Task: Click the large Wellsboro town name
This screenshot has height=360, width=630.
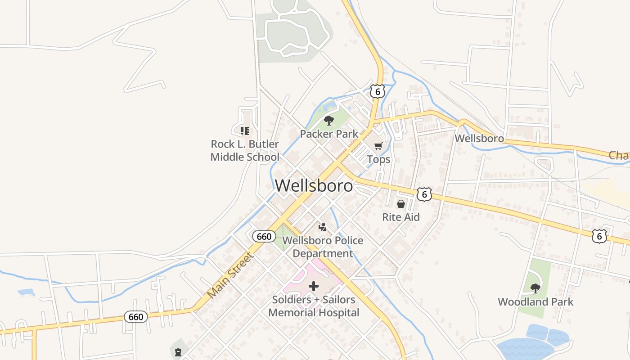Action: click(x=314, y=185)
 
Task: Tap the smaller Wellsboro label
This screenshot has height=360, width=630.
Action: click(x=479, y=138)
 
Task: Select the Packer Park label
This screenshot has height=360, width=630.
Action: click(x=329, y=134)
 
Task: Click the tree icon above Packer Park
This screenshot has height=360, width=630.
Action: click(x=329, y=120)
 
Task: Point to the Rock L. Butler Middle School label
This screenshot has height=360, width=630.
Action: click(x=245, y=150)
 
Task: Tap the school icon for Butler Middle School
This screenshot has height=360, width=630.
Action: click(x=245, y=131)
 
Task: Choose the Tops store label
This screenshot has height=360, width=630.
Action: click(x=378, y=159)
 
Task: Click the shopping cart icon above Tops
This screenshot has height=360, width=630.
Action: click(x=378, y=146)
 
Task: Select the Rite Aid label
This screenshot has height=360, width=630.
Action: click(x=400, y=217)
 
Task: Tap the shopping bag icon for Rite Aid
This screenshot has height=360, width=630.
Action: click(x=401, y=204)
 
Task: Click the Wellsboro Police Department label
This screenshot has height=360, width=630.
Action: click(x=323, y=247)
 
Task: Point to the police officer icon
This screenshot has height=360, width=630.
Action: click(x=322, y=227)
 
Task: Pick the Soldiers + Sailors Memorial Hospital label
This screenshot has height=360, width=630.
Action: click(x=314, y=306)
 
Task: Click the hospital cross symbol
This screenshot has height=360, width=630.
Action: click(x=314, y=286)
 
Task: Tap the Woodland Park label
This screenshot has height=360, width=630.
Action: click(x=535, y=301)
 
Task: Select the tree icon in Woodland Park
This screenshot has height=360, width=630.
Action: click(x=535, y=288)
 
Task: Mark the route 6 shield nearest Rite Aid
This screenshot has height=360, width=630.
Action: click(x=424, y=194)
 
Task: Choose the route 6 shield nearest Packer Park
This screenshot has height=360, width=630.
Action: click(x=378, y=91)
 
